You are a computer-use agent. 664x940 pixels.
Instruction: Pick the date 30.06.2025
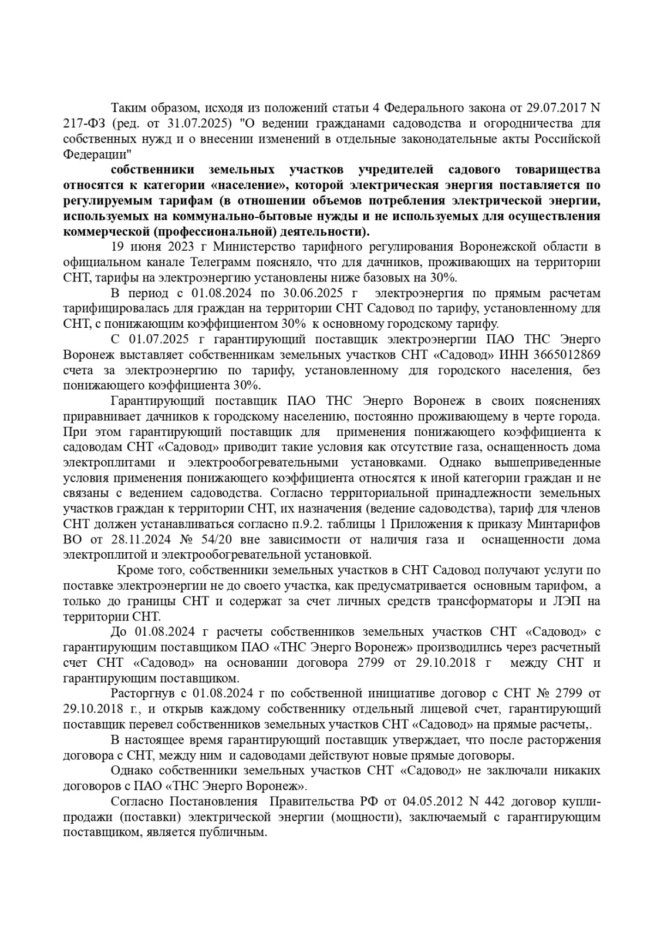pyautogui.click(x=306, y=293)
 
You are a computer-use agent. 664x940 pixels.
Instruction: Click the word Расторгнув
pyautogui.click(x=140, y=694)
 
